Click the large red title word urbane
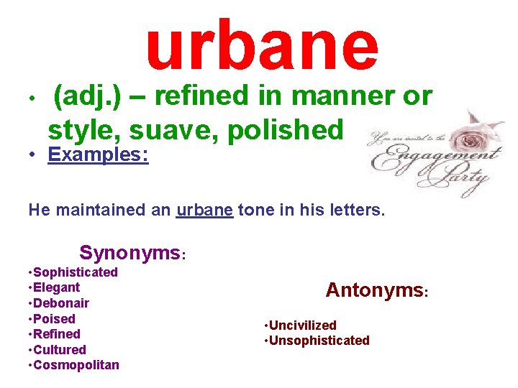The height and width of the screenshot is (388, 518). pos(262,46)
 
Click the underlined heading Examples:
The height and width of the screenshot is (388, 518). pos(98,155)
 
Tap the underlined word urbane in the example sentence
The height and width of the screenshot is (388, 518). pos(204,211)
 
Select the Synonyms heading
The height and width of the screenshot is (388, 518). pos(130,253)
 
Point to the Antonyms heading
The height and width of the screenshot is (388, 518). pos(374,290)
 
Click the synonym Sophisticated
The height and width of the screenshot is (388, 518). pos(75,272)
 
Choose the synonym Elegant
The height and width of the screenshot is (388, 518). pos(56,287)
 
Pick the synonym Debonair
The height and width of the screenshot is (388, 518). pos(60,303)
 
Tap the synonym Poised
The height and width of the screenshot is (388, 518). pos(54,319)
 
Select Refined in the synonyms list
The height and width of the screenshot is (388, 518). pos(56,334)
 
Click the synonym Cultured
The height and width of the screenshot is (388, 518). pos(59,350)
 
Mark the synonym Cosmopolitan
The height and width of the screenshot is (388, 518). pos(76,365)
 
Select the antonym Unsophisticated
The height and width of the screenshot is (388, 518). pos(319,341)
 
